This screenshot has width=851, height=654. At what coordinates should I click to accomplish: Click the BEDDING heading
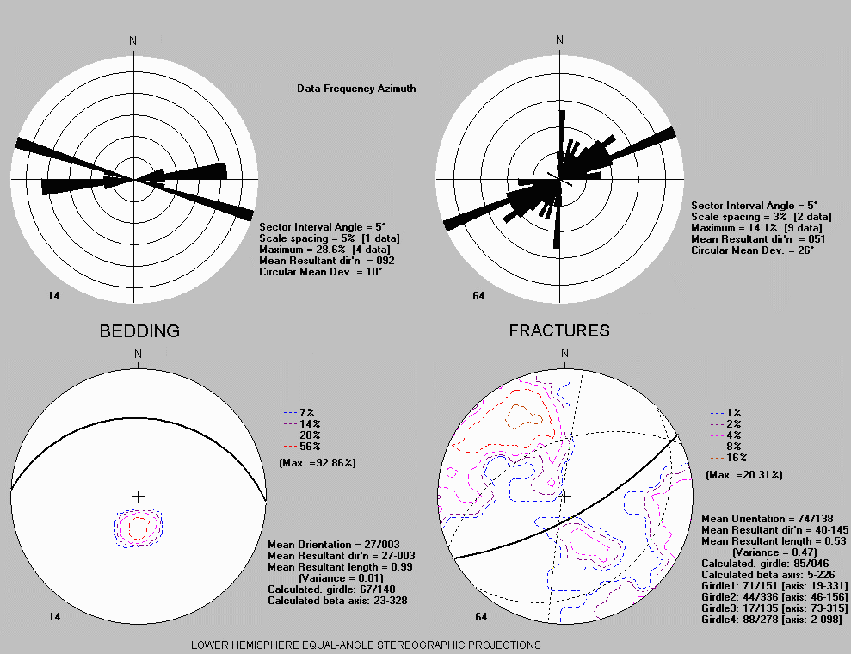(x=139, y=331)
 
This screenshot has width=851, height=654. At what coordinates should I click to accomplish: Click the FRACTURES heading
(x=559, y=330)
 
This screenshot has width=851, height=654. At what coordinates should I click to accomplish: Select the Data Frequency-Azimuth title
(x=356, y=89)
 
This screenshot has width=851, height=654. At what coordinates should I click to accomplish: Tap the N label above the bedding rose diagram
(x=133, y=40)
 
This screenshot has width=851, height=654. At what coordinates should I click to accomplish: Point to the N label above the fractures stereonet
(x=564, y=354)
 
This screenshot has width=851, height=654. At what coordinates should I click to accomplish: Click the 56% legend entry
(x=302, y=447)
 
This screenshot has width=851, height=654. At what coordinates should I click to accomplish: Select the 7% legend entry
(x=299, y=413)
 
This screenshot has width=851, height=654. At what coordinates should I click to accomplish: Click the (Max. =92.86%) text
(x=318, y=463)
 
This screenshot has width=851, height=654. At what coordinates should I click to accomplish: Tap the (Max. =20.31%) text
(x=744, y=475)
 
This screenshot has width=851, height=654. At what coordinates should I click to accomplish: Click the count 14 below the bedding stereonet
(x=54, y=616)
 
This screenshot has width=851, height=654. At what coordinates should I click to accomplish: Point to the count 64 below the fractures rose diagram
(x=478, y=296)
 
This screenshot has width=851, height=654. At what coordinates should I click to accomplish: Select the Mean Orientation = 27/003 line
(x=334, y=545)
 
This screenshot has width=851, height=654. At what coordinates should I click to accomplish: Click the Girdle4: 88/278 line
(x=771, y=620)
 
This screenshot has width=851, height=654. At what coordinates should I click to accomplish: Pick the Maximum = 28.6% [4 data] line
(x=324, y=250)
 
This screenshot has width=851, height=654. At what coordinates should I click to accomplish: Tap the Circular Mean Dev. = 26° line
(x=752, y=250)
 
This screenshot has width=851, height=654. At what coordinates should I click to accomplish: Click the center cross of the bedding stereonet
(x=139, y=497)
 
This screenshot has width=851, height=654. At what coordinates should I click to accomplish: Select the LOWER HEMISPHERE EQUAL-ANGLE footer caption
(x=366, y=645)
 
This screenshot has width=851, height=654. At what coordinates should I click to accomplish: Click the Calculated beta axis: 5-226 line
(x=768, y=575)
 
